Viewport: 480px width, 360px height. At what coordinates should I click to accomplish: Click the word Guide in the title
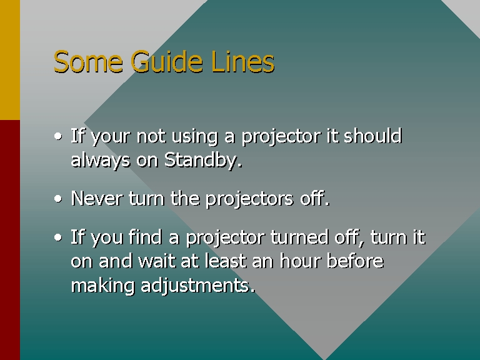pyautogui.click(x=167, y=61)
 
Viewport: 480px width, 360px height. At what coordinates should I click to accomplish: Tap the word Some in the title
pyautogui.click(x=88, y=61)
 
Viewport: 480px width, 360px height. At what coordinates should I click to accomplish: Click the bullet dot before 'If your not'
pyautogui.click(x=58, y=136)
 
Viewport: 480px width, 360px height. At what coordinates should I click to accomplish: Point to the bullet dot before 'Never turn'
pyautogui.click(x=58, y=199)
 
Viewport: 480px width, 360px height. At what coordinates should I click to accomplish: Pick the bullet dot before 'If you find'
pyautogui.click(x=58, y=237)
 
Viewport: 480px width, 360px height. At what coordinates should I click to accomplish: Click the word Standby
pyautogui.click(x=203, y=160)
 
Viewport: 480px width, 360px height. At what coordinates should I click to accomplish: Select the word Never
pyautogui.click(x=96, y=198)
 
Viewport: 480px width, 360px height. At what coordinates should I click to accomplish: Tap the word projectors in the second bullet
pyautogui.click(x=249, y=199)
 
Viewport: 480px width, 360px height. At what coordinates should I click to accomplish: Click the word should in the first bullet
pyautogui.click(x=372, y=136)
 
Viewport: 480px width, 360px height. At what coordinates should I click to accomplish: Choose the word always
pyautogui.click(x=101, y=161)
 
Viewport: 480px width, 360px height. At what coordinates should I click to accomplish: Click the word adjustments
pyautogui.click(x=197, y=285)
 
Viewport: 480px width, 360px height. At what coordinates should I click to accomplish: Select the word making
pyautogui.click(x=102, y=286)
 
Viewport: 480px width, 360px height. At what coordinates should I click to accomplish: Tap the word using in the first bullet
pyautogui.click(x=195, y=136)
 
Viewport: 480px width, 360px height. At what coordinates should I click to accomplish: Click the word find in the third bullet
pyautogui.click(x=145, y=237)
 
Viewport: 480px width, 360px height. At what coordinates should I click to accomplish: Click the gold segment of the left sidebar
pyautogui.click(x=10, y=60)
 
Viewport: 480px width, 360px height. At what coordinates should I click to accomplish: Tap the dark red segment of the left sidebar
pyautogui.click(x=10, y=240)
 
